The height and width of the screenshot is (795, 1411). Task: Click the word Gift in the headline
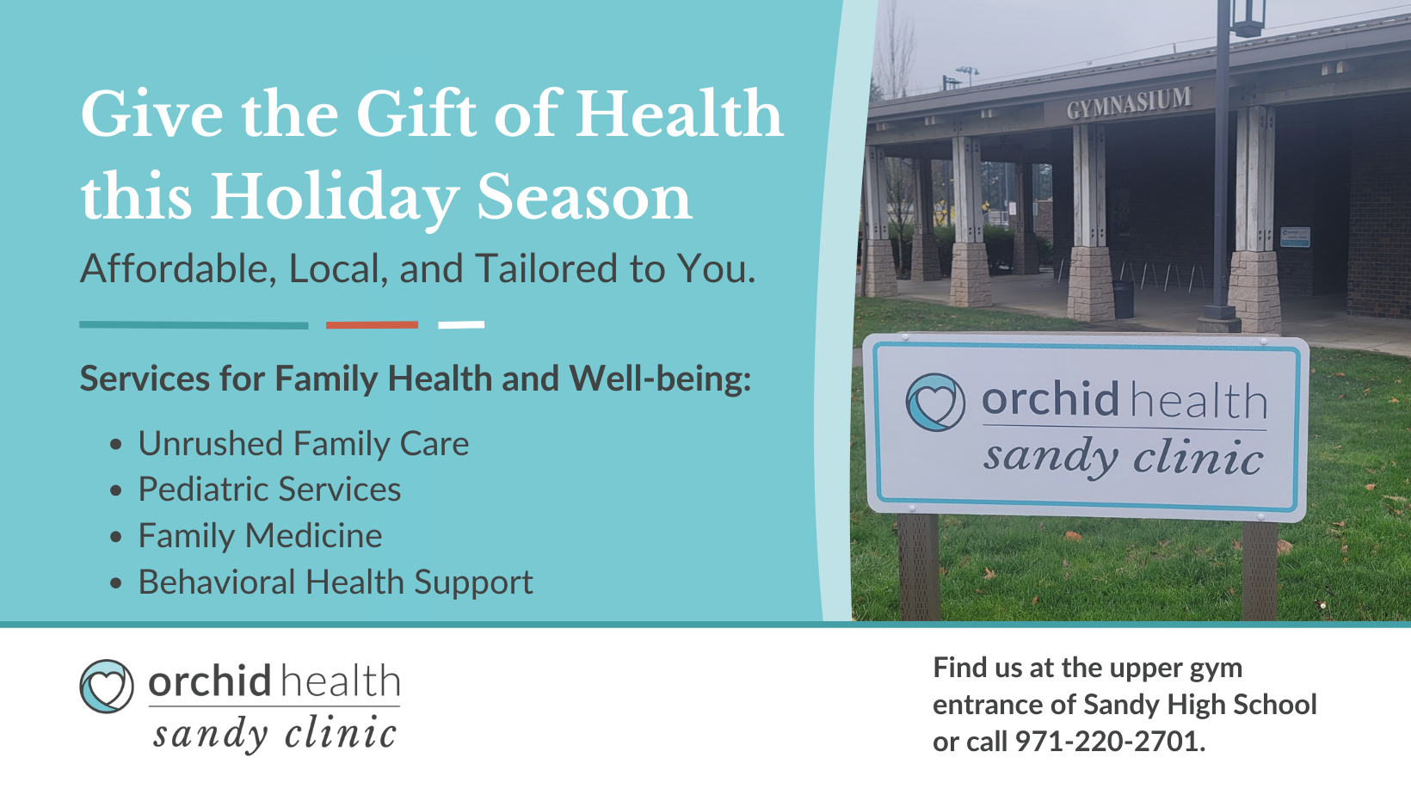click(x=416, y=114)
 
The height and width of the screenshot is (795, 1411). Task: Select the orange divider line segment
click(x=372, y=324)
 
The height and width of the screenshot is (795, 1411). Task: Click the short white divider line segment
click(x=461, y=324)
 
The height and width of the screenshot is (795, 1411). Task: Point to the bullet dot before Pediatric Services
click(x=116, y=490)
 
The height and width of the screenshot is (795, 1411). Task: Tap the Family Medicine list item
click(x=260, y=536)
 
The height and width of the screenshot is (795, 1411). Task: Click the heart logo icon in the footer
click(x=107, y=686)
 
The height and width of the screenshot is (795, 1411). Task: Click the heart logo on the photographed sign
click(x=935, y=402)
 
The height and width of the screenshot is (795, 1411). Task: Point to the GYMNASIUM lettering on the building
click(x=1129, y=102)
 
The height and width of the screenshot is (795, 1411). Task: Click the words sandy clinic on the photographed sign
click(x=1123, y=457)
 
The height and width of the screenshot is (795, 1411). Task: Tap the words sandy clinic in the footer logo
click(x=274, y=734)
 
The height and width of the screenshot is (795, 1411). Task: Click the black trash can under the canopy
click(x=1123, y=299)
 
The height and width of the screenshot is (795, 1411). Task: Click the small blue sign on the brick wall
click(x=1295, y=237)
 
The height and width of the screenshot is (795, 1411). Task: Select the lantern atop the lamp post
click(x=1247, y=17)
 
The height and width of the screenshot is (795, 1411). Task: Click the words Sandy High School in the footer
click(x=1200, y=705)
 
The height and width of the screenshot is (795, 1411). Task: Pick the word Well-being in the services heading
click(x=660, y=379)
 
